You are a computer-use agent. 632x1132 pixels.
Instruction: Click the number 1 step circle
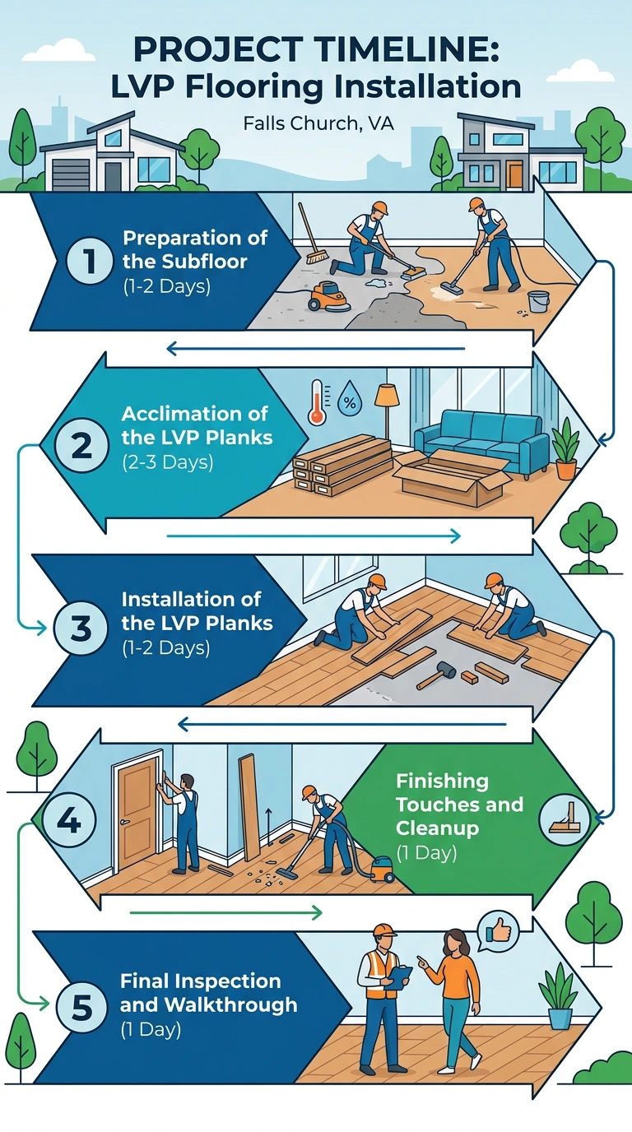[x=90, y=261]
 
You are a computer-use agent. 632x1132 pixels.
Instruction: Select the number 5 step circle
[x=81, y=1007]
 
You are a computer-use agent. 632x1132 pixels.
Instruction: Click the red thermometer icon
[x=317, y=403]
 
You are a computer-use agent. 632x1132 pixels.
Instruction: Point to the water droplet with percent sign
[x=350, y=400]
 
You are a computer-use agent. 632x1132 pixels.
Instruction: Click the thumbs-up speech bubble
[x=498, y=931]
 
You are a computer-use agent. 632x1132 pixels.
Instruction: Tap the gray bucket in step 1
[x=539, y=301]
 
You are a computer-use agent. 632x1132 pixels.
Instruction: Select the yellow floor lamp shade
[x=387, y=395]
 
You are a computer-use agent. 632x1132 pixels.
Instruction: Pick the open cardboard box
[x=453, y=477]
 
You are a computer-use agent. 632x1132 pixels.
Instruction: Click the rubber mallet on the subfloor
[x=436, y=675]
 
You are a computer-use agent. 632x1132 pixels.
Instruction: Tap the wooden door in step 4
[x=137, y=812]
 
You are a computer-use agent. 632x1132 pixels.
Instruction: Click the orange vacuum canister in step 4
[x=383, y=868]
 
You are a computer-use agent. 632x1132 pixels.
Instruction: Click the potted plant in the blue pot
[x=559, y=995]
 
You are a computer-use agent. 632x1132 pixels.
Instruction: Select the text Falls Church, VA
[x=318, y=123]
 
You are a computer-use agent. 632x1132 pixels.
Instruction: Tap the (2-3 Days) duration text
[x=167, y=462]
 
